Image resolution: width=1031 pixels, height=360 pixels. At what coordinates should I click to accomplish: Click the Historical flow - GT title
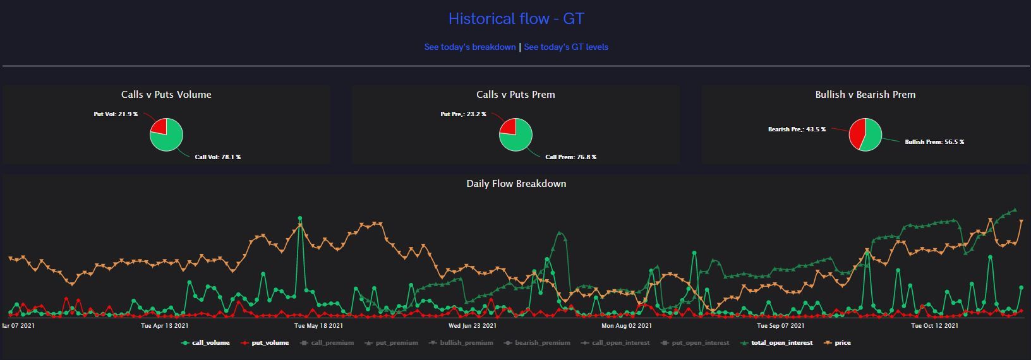[x=515, y=19]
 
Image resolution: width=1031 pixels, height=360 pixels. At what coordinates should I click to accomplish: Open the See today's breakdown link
[x=469, y=47]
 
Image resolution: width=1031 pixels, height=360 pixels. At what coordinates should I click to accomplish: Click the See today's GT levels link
[x=566, y=47]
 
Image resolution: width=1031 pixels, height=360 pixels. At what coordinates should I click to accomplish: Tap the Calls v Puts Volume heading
[x=166, y=95]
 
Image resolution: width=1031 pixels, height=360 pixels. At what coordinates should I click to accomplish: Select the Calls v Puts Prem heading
[x=515, y=95]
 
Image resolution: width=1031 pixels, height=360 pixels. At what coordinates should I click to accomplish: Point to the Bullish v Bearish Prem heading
[x=865, y=95]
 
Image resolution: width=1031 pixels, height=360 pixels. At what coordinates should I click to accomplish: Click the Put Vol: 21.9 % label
[x=116, y=114]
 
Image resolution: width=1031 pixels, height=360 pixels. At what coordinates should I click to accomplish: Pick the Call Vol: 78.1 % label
[x=217, y=157]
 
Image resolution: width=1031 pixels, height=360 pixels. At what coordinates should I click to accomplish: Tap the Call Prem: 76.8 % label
[x=570, y=157]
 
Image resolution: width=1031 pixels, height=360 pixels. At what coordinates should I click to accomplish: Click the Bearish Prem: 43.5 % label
[x=797, y=129]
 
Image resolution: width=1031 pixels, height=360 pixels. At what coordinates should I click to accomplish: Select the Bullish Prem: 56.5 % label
[x=934, y=142]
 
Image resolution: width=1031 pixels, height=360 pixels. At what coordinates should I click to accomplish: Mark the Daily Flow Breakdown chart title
[x=515, y=184]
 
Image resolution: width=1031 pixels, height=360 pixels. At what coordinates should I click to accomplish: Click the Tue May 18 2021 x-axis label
[x=319, y=326]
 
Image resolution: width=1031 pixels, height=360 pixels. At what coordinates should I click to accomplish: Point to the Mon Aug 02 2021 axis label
[x=626, y=326]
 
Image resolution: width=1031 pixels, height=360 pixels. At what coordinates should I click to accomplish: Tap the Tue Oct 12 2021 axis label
[x=934, y=326]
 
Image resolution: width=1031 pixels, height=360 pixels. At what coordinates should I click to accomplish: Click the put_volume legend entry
[x=270, y=343]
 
